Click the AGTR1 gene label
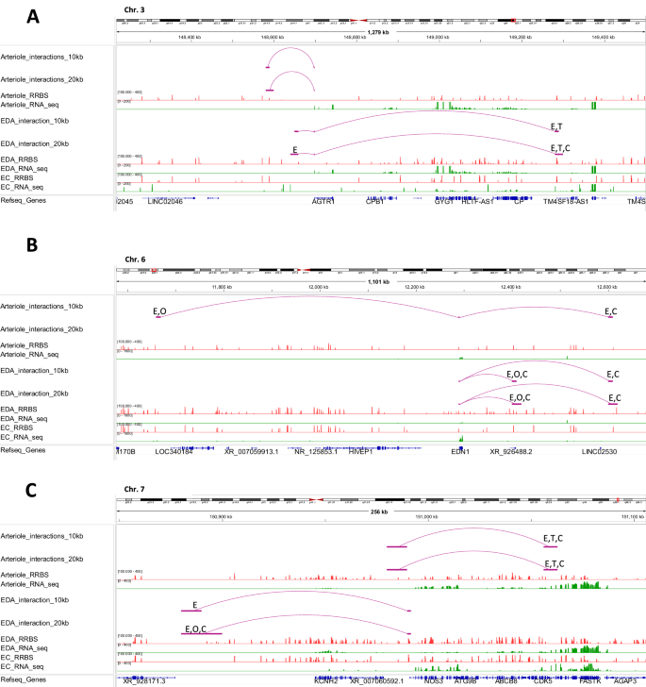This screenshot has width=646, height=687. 323,201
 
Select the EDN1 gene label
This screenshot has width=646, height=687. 460,451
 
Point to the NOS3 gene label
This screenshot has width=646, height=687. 435,679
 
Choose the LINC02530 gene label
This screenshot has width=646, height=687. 602,451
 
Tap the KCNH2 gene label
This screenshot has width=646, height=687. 326,679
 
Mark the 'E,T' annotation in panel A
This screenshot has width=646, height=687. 556,126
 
